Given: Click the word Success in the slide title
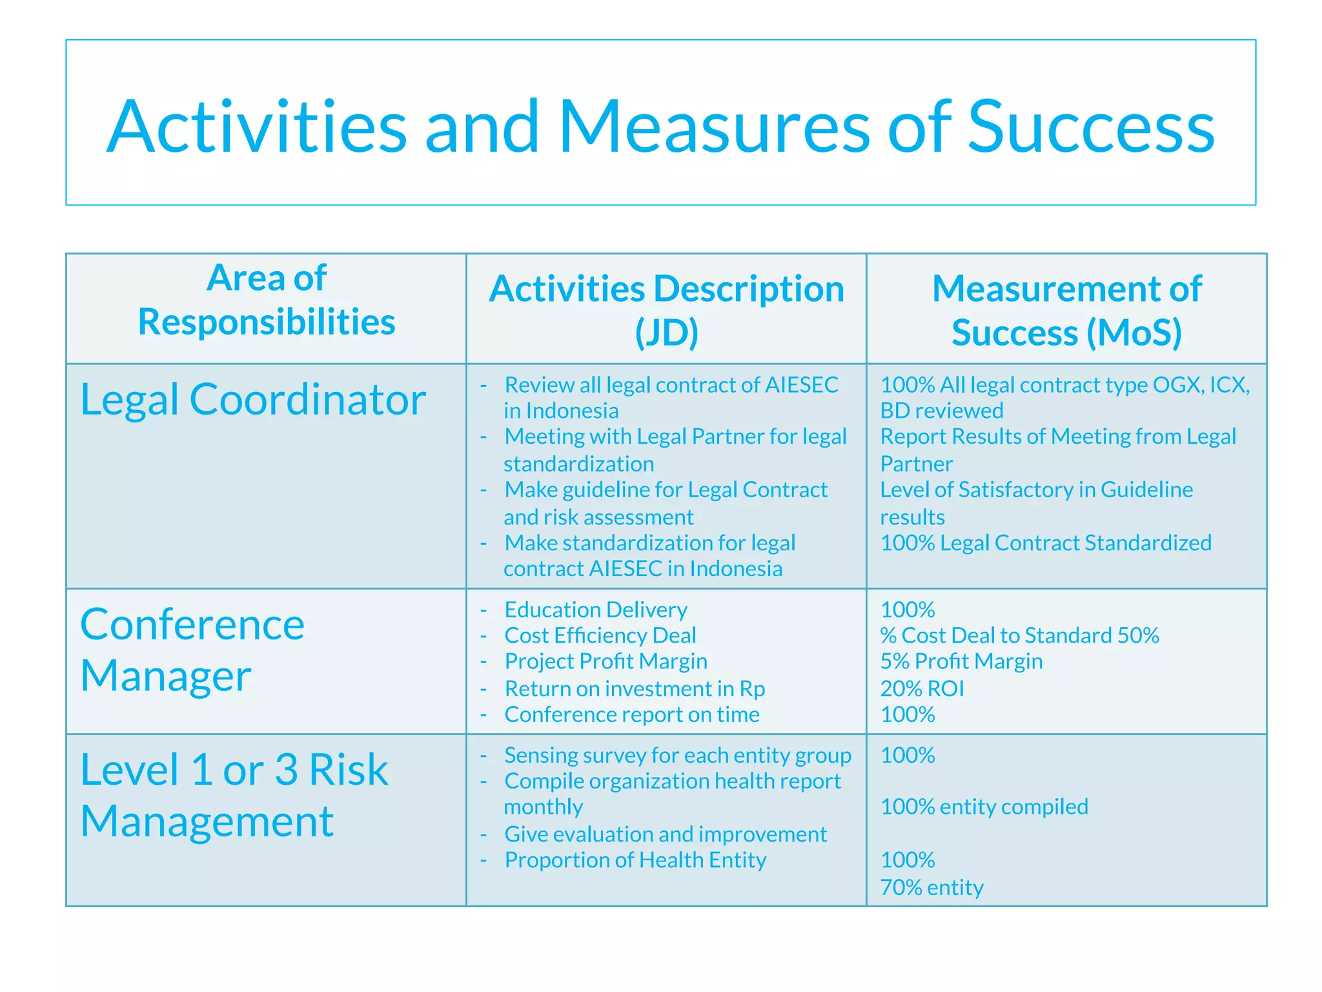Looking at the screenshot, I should point(1091,127).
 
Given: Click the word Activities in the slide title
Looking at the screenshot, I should point(256,127).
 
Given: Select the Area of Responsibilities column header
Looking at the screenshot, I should point(266,300).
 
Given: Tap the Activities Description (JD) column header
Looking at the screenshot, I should point(666,311).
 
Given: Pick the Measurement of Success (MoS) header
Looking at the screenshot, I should point(1066,311).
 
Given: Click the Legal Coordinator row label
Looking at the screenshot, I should point(253,400).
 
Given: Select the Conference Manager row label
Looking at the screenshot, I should point(192,650).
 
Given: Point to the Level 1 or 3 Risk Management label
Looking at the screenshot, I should point(234,796).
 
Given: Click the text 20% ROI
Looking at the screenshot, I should point(922,689).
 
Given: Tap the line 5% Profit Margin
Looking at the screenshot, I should point(961,662).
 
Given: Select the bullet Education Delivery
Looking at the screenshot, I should point(595,610).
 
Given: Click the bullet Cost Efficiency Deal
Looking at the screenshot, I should point(600,636).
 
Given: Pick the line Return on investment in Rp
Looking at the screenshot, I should point(635,689).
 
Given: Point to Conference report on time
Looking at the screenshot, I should point(631,715).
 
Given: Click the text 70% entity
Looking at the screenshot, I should point(931,888).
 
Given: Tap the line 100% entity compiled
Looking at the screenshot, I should point(984,807).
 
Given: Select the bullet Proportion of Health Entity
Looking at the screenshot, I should point(635,861).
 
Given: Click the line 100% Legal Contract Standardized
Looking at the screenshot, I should point(1046,543).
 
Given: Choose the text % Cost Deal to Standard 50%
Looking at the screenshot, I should point(1019,636).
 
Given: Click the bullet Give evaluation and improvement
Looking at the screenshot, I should point(665,835).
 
